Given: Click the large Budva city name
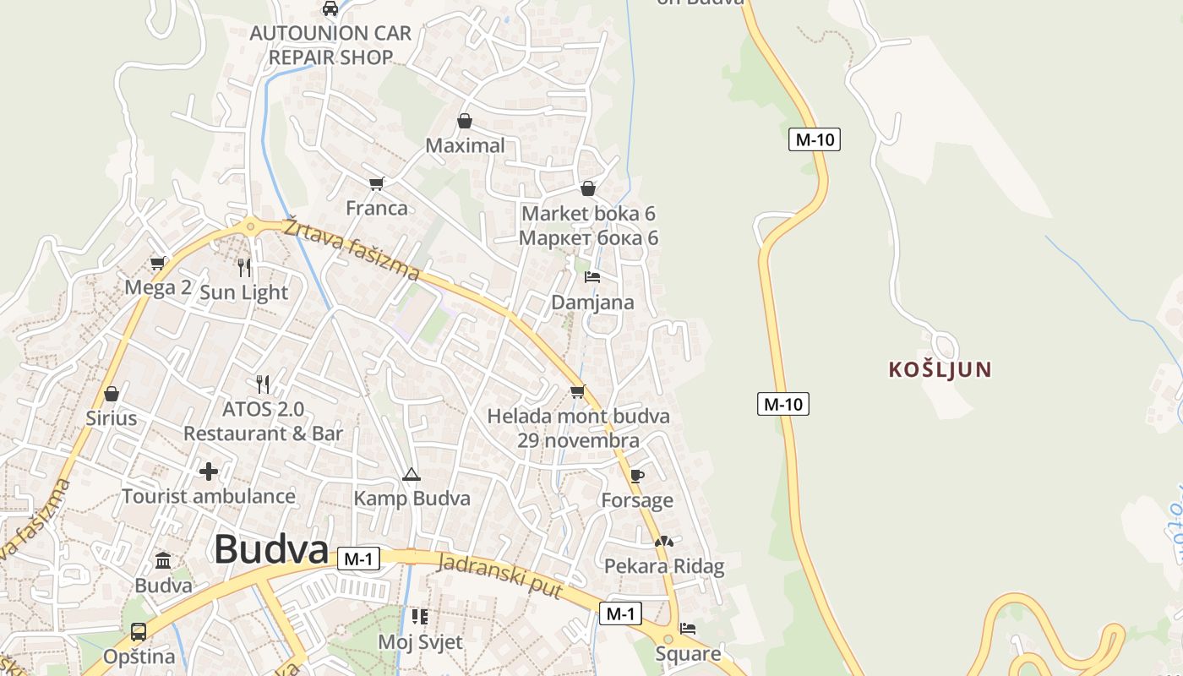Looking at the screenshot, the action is coord(270,549).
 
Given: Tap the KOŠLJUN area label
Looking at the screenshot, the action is coord(940,369).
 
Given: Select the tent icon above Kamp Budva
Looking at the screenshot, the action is coord(412,474).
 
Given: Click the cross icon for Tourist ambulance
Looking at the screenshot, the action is coord(209,471).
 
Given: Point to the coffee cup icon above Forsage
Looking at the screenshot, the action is coord(637,476).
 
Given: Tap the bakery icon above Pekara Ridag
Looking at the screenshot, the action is coord(664,541).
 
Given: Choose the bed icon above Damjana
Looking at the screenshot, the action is coord(592,277).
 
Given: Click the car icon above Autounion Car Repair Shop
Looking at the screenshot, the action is coord(330,8).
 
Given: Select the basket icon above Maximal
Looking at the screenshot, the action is coord(464,121).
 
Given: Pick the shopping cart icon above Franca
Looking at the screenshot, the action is coord(377,183).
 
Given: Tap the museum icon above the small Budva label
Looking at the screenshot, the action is coord(163,560).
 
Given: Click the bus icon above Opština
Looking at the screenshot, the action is coord(139,631).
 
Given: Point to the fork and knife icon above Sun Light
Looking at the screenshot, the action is coord(244,268).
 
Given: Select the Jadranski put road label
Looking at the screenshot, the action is coord(500,575).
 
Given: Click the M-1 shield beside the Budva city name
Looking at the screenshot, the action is coord(358,559).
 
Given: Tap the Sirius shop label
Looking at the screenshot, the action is coord(111,418).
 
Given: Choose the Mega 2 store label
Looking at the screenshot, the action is coord(158,287).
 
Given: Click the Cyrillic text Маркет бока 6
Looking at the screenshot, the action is coord(588,238).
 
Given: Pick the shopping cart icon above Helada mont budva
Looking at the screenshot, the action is coord(578,391).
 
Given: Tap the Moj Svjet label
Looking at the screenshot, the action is coord(420,642).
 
